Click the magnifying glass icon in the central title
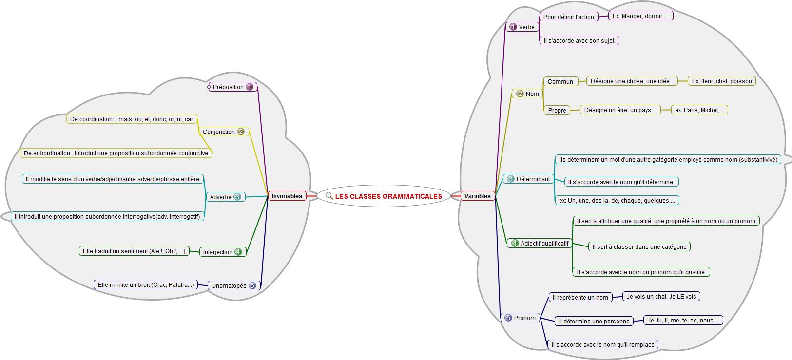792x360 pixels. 329,196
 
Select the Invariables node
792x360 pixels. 287,196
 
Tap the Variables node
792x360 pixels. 477,196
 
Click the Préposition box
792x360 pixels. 232,87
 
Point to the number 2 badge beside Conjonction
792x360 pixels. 241,132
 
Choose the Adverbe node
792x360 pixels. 225,197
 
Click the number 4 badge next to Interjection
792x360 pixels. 238,252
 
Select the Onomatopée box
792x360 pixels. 233,286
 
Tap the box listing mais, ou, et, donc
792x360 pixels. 132,119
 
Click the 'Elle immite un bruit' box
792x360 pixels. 145,285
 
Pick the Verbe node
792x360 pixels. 522,27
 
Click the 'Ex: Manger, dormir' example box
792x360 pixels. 641,16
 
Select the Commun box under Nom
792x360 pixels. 560,82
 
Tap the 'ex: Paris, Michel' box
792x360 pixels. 699,110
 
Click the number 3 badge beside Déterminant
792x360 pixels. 510,179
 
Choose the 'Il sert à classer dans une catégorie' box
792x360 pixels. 639,247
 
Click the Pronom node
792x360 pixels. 520,318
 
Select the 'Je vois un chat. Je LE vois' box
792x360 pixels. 661,297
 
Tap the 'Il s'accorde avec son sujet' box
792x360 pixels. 579,41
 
